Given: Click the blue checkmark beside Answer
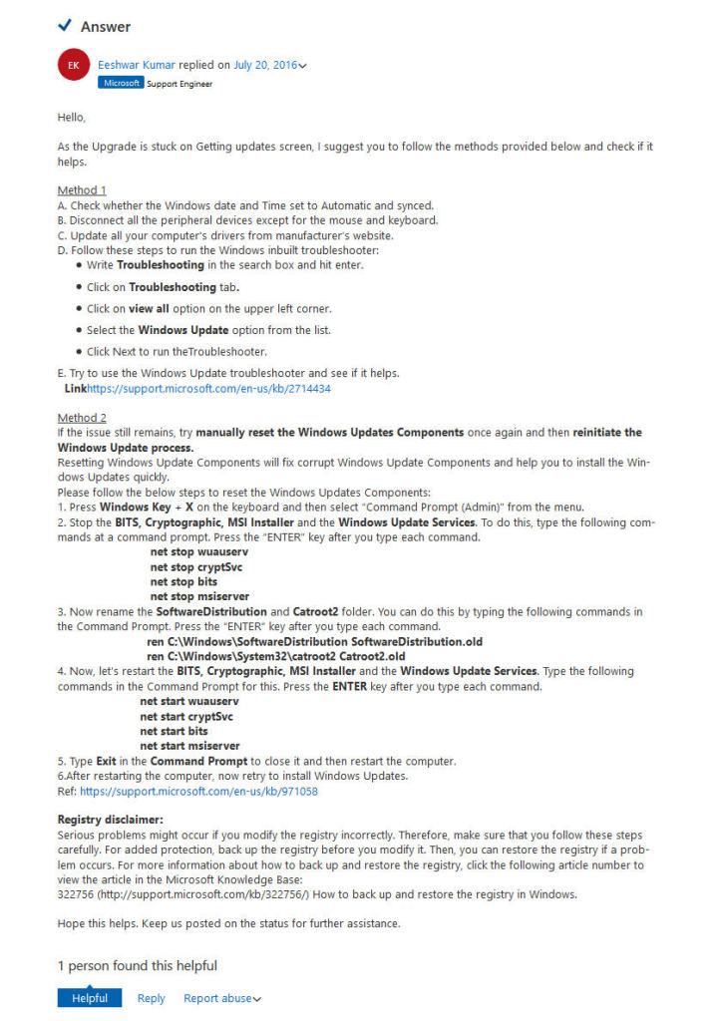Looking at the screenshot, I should [66, 26].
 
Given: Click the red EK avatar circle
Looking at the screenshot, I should [73, 67].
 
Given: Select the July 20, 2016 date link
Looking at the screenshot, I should [264, 66].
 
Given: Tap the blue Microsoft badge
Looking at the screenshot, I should [121, 83].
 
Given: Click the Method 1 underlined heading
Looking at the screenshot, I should [82, 189].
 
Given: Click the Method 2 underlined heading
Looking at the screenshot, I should [82, 418].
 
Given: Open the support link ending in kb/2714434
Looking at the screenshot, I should [208, 389].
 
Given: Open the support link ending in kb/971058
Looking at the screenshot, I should [198, 791].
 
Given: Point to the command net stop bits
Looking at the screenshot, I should [183, 580].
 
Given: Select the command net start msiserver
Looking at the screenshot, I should [189, 746].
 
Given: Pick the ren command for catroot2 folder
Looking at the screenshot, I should [275, 656].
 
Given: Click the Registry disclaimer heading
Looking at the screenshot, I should [104, 820].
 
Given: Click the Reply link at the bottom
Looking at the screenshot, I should [152, 998].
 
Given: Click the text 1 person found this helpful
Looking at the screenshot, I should [138, 965].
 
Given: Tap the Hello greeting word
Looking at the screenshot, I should [72, 117].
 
